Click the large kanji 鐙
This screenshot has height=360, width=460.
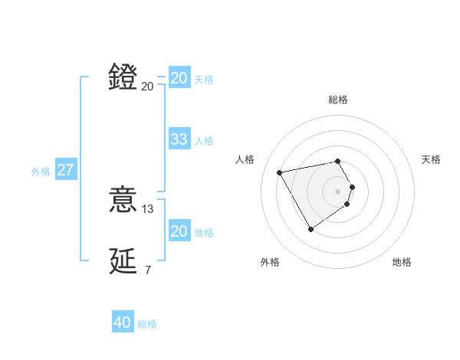click(123, 77)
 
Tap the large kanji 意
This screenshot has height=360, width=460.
click(123, 201)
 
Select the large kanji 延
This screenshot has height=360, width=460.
click(123, 261)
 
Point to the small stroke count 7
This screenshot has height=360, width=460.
click(148, 270)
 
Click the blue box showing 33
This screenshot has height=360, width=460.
click(179, 139)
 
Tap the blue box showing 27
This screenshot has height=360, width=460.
click(66, 170)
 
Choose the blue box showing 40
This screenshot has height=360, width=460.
click(123, 322)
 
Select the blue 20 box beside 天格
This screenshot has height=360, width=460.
click(179, 78)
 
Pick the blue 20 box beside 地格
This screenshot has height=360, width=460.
click(179, 231)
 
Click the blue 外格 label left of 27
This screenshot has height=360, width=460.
click(41, 172)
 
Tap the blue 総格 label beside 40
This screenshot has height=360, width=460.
click(147, 324)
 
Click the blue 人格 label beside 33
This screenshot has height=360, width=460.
click(204, 141)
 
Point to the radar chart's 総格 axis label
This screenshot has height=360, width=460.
click(338, 100)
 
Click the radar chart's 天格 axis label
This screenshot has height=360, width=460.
click(431, 159)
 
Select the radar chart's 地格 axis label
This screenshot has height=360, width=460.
click(402, 262)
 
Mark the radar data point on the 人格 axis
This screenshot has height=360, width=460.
click(280, 172)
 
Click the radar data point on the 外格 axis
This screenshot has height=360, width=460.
click(310, 229)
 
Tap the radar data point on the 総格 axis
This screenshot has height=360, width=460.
click(338, 161)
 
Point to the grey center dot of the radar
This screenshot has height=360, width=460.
click(338, 191)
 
